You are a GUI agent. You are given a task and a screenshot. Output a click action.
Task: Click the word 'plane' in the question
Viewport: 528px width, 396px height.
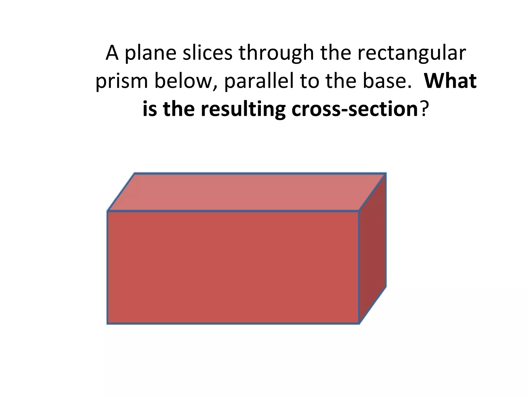click(151, 53)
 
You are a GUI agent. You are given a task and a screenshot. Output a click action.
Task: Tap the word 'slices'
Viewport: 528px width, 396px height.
click(208, 53)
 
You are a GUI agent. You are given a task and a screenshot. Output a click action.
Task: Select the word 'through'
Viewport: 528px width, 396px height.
click(276, 53)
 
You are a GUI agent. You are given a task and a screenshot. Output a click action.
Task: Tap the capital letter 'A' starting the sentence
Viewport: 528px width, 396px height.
click(112, 53)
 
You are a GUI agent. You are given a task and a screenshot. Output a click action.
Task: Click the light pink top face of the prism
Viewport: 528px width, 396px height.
click(246, 192)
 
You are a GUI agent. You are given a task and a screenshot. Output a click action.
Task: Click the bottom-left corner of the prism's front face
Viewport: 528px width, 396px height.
click(108, 323)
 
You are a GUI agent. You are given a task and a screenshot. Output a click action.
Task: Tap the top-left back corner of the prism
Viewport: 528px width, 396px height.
click(135, 174)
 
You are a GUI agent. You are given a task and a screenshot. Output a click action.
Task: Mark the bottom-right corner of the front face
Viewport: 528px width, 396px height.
click(359, 323)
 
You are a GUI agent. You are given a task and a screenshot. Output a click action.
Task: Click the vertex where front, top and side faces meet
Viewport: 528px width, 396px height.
click(359, 211)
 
